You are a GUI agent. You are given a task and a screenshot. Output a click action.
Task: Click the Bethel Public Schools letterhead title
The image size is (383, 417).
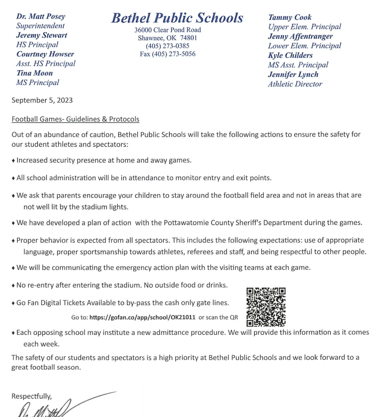coord(177,18)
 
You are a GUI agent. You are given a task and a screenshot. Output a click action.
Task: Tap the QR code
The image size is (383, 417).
coord(266,307)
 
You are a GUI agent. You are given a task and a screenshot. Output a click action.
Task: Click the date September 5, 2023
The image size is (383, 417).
coord(42,100)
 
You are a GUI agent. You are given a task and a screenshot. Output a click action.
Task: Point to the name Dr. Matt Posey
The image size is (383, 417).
coord(40,16)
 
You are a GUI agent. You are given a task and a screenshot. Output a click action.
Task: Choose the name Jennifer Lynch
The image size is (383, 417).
coord(293,74)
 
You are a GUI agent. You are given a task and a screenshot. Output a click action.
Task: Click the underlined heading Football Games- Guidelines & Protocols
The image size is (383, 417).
coord(75,119)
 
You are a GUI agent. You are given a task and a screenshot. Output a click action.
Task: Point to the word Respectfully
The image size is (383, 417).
coord(31,396)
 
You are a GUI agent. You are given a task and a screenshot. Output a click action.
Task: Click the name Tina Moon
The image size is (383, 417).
coord(34,73)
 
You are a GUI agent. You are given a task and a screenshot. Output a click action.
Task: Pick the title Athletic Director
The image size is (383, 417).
coord(295,84)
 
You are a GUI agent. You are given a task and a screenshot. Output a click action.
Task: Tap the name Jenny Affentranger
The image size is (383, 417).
coord(300,36)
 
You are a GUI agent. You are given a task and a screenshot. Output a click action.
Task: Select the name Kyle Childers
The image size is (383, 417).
coord(290,55)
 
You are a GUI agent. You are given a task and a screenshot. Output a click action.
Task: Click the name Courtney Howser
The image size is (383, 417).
coord(45,54)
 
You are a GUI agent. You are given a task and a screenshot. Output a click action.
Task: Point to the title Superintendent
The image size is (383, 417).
coord(40,26)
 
